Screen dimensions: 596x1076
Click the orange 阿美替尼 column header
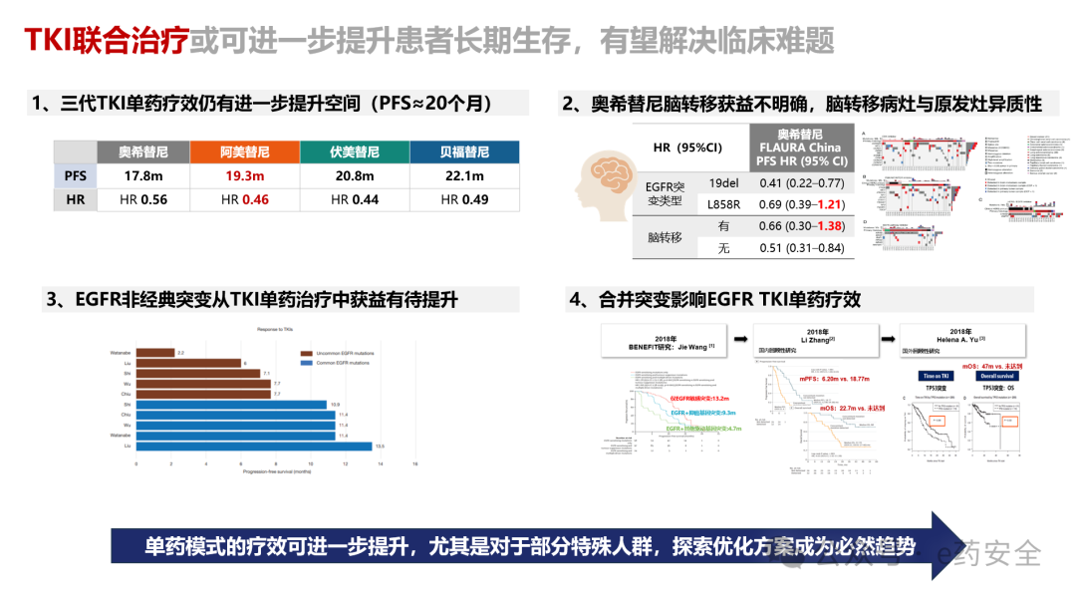pos(245,151)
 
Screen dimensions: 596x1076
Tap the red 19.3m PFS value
pos(245,176)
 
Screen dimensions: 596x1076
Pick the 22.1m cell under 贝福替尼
pos(464,176)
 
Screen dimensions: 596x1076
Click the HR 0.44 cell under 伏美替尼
pos(355,199)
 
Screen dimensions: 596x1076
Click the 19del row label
pos(723,183)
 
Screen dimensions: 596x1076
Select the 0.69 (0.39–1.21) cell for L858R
pos(801,204)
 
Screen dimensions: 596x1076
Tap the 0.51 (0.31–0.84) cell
pos(801,248)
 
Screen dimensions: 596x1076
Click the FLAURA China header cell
pos(801,148)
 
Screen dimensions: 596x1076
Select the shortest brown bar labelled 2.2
pos(154,353)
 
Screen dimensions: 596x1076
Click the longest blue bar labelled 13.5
pos(254,447)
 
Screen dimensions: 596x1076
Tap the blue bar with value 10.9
pos(231,405)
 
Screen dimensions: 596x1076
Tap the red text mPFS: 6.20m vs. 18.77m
pos(822,378)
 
